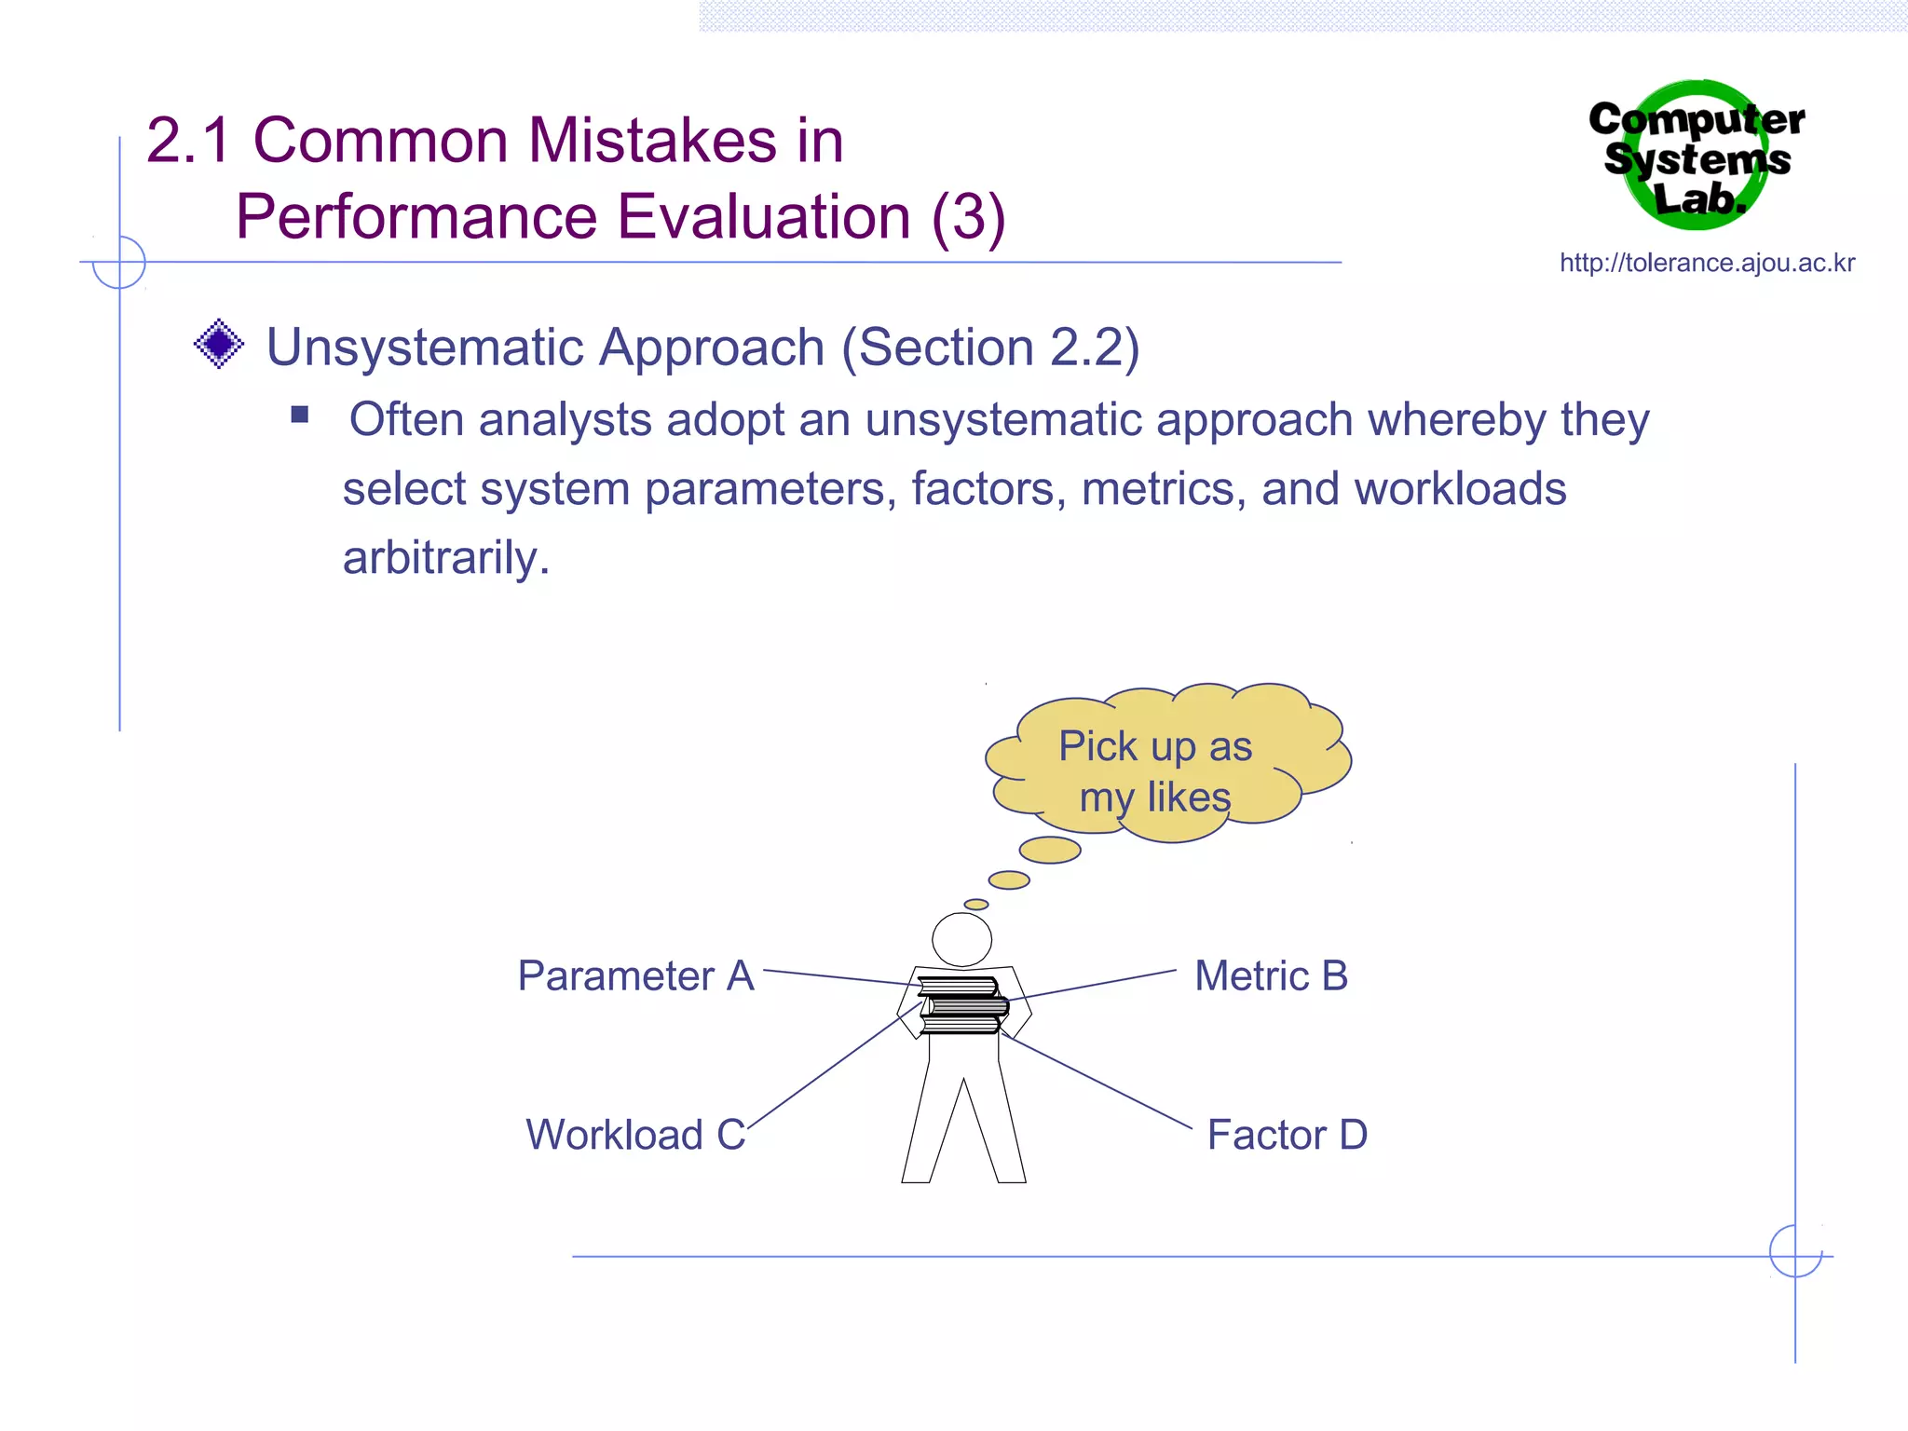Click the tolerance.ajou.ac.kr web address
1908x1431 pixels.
click(x=1707, y=264)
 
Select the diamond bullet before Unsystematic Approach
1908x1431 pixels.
click(x=219, y=345)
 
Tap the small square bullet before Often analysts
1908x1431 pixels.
click(x=299, y=415)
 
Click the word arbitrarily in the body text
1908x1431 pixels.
click(x=445, y=558)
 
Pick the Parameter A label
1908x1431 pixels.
click(x=635, y=976)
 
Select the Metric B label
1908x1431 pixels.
click(x=1271, y=976)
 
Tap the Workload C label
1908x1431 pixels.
click(x=635, y=1135)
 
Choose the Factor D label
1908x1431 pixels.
click(x=1287, y=1135)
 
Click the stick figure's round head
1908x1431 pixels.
click(x=961, y=939)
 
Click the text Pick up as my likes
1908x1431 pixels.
click(x=1155, y=771)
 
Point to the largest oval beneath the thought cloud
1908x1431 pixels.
click(x=1050, y=850)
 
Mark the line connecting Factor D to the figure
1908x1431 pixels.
click(x=1099, y=1083)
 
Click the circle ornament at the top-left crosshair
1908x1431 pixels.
click(x=119, y=262)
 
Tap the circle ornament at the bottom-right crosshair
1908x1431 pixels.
click(x=1795, y=1251)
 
